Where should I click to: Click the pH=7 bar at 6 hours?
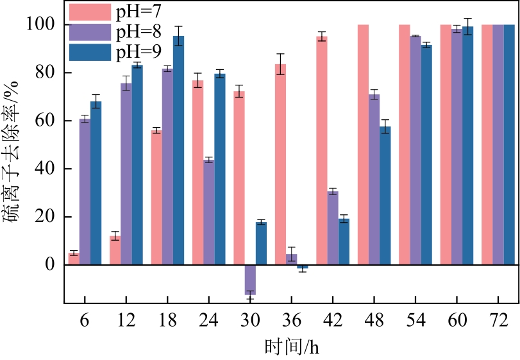[74, 259]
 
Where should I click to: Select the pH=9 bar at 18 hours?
[178, 150]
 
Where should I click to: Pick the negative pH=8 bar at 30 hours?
[250, 280]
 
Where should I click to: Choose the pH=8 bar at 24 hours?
[208, 212]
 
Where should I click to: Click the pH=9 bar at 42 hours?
[344, 242]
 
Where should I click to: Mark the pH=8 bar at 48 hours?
[374, 180]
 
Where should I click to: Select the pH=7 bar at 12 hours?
[115, 250]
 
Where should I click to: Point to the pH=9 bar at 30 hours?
[261, 244]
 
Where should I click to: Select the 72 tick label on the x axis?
[498, 320]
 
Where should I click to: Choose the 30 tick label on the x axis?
[250, 320]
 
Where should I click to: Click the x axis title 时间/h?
[292, 347]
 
